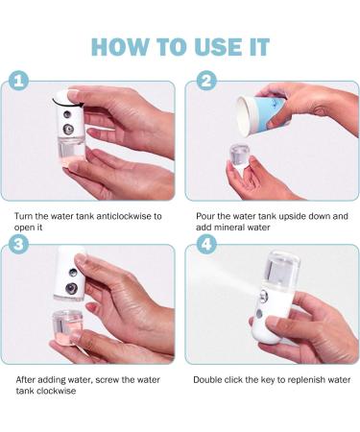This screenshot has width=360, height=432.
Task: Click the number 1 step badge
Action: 18,82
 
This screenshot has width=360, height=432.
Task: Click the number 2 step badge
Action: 206,81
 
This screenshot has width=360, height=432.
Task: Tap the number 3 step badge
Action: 18,245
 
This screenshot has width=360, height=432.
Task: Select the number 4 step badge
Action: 206,245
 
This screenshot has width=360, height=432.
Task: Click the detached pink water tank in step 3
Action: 66,328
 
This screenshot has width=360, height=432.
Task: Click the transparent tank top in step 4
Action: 281,267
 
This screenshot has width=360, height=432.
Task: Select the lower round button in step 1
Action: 68,130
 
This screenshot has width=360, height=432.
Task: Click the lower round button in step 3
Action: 71,288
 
